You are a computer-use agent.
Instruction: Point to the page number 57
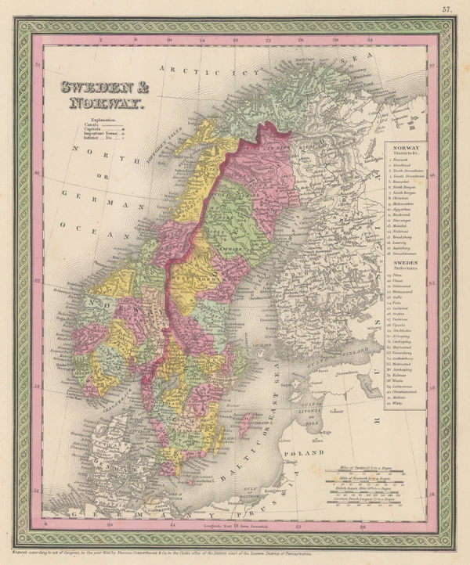click(x=446, y=9)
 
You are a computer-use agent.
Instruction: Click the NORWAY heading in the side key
click(x=405, y=146)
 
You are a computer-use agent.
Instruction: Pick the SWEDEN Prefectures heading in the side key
click(x=405, y=265)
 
